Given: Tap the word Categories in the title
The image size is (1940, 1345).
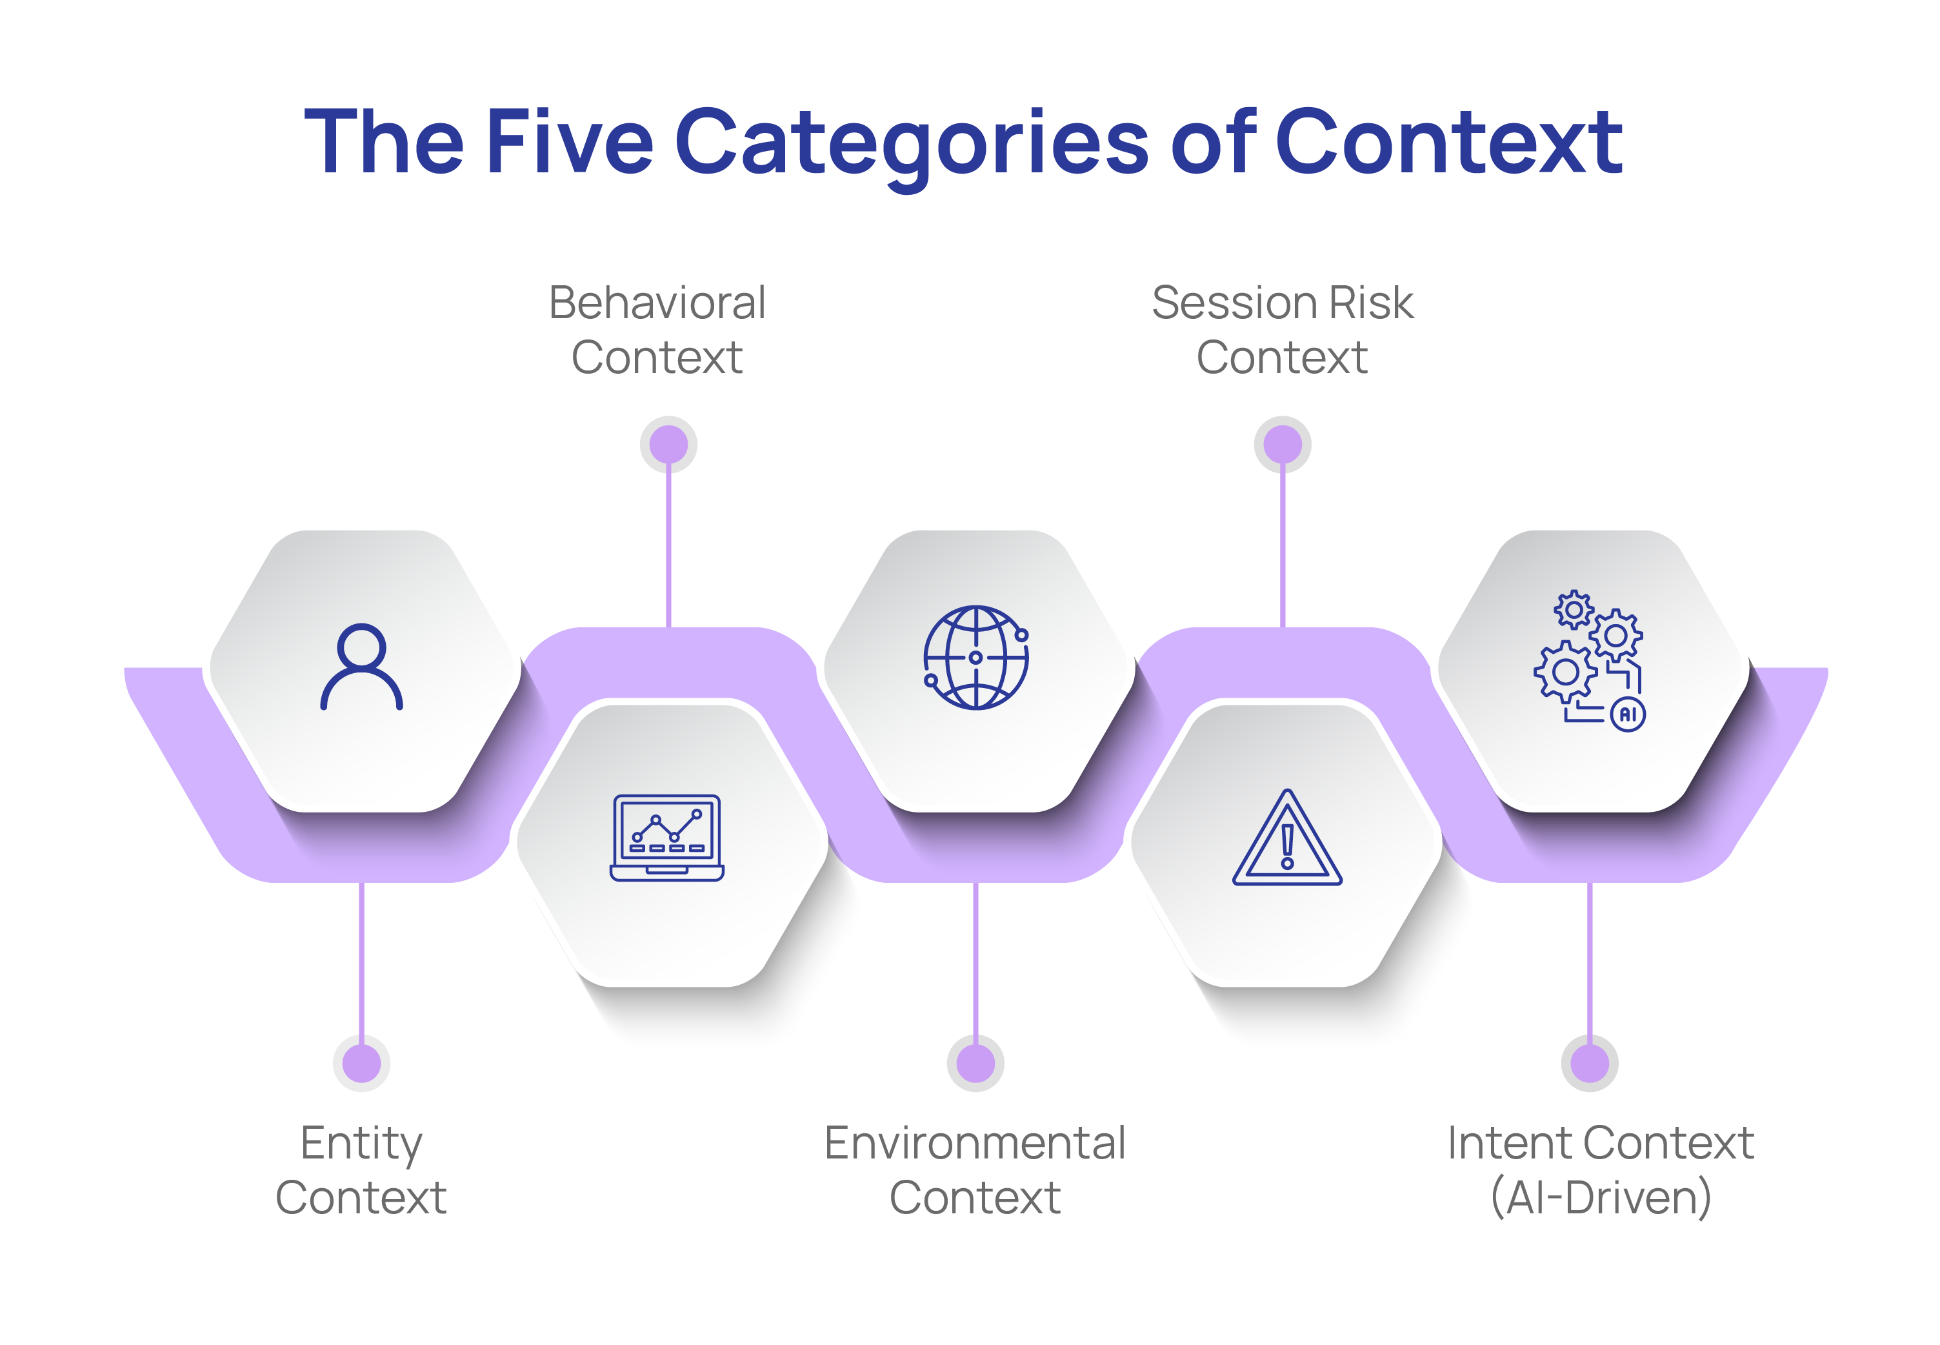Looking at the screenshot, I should (912, 143).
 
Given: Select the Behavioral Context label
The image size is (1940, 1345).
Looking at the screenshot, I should (657, 330).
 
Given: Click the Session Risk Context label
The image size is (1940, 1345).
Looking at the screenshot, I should (1282, 330).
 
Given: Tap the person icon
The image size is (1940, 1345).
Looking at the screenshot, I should (361, 667).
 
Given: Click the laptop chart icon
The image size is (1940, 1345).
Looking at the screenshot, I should (666, 838).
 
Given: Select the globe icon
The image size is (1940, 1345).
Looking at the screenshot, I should (975, 657).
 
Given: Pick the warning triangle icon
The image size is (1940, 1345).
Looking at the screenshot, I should (1286, 838).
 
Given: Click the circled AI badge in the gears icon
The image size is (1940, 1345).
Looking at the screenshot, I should (1628, 714).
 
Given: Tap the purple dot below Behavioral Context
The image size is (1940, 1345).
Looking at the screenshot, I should (669, 444).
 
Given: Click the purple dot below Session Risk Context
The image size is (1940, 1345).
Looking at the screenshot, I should (1282, 444).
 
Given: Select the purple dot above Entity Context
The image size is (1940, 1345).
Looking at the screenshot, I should (361, 1063).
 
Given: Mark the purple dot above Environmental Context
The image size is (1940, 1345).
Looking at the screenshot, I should (975, 1063).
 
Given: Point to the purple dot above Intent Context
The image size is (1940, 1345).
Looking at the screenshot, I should (1590, 1063).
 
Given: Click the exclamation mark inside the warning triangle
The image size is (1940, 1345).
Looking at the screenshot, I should (1287, 845).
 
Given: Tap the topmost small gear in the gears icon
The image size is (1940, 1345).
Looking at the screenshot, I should (1573, 609).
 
